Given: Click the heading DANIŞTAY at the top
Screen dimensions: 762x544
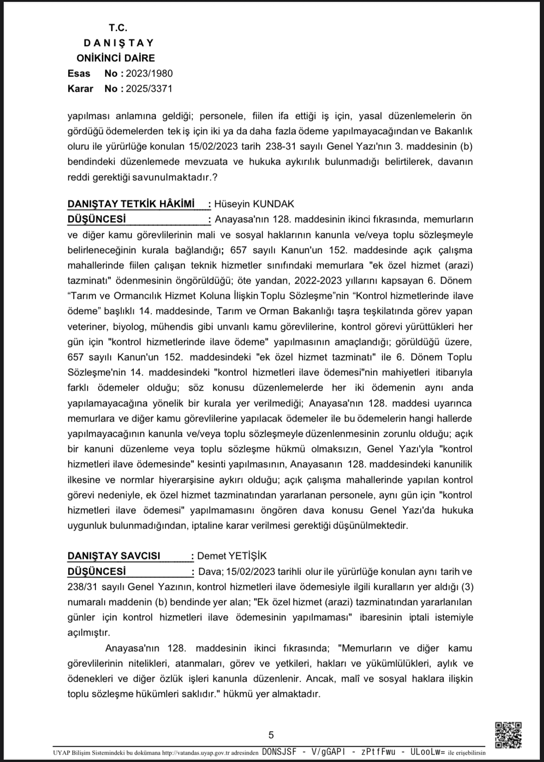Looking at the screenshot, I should tap(119, 43).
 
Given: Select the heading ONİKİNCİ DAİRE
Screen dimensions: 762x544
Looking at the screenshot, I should tap(116, 58).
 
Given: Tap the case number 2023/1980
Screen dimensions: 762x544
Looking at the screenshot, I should tap(149, 73).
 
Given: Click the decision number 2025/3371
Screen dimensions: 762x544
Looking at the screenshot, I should tap(149, 89).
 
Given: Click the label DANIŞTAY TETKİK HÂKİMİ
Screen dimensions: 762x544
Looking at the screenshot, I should tap(131, 204).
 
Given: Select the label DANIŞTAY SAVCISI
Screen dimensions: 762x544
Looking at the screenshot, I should tap(114, 556).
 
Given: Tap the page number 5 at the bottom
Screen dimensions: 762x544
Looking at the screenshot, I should tap(271, 735).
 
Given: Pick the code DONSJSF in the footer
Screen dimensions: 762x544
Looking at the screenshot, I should tap(279, 752).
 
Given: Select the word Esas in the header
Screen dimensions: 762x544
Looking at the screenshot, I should tap(79, 73).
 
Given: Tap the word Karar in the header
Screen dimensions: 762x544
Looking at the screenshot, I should tap(80, 89).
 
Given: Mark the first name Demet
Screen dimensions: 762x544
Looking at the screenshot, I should tap(211, 556).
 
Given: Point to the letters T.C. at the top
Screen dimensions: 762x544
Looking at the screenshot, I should tap(118, 28).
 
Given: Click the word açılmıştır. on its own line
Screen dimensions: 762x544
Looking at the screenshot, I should tap(89, 632).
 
